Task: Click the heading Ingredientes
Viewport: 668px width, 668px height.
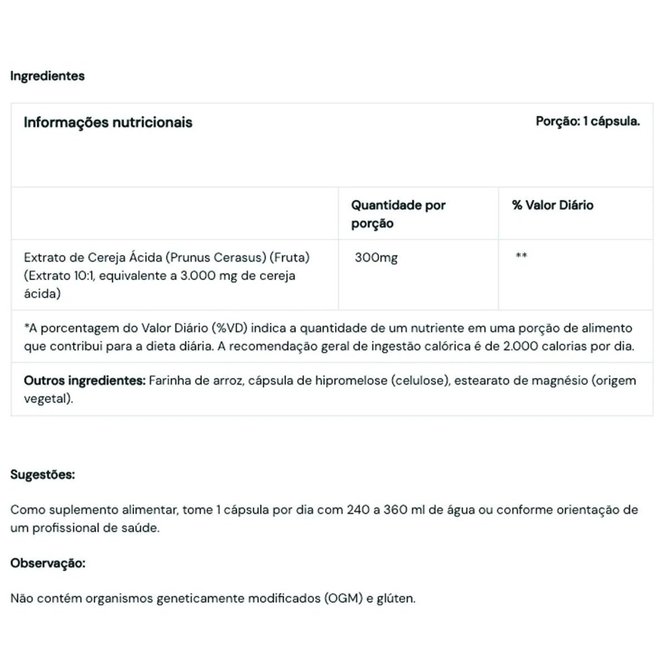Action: pyautogui.click(x=47, y=76)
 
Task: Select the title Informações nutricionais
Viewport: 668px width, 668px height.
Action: pyautogui.click(x=108, y=122)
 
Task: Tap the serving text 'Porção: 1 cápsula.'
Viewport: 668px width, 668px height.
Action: pyautogui.click(x=587, y=121)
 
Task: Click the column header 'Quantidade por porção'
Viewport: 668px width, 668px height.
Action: pyautogui.click(x=398, y=214)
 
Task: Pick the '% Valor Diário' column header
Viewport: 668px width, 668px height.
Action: pyautogui.click(x=552, y=205)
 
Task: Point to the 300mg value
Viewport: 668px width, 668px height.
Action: pyautogui.click(x=376, y=257)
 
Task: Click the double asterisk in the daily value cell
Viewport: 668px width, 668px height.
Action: pyautogui.click(x=521, y=256)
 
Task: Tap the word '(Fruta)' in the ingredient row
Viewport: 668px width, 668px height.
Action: pyautogui.click(x=289, y=257)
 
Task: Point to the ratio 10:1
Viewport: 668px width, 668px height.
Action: pyautogui.click(x=82, y=276)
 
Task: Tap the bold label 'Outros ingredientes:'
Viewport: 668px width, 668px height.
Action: pyautogui.click(x=85, y=381)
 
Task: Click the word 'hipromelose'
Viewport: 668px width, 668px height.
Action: pyautogui.click(x=351, y=381)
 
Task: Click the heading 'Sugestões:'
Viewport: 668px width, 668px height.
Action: pyautogui.click(x=42, y=475)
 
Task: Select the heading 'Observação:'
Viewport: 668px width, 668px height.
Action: pyautogui.click(x=48, y=563)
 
